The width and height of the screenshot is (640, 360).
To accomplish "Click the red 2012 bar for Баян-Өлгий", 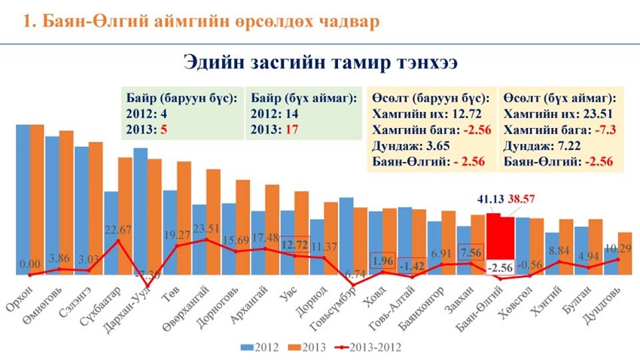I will (494, 245).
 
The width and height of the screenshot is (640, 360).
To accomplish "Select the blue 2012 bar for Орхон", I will (23, 200).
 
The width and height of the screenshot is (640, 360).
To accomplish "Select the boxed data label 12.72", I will (295, 245).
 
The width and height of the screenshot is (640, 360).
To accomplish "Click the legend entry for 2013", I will (311, 346).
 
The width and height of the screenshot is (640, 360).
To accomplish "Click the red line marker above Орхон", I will (30, 274).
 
